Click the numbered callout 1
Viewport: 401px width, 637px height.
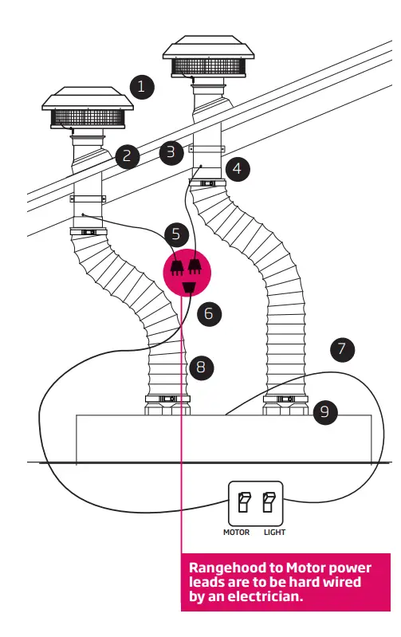(x=142, y=87)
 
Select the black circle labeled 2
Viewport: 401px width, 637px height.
(x=127, y=155)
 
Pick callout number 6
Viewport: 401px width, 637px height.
(x=209, y=313)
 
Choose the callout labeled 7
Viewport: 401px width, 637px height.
(x=342, y=348)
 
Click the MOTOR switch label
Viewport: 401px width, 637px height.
(x=236, y=532)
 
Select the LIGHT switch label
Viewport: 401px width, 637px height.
(x=274, y=532)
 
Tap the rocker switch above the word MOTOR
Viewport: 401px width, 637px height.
(x=243, y=502)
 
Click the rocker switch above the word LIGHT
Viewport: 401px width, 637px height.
(x=269, y=502)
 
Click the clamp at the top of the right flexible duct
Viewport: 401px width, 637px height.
(x=207, y=184)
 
